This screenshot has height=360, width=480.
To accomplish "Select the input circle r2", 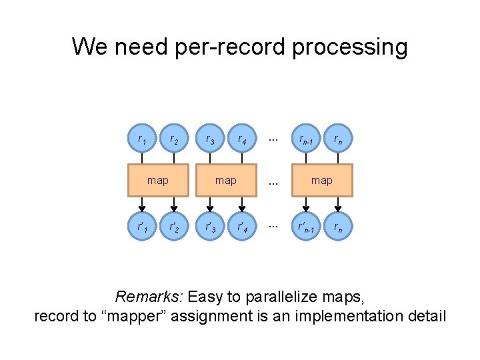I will pyautogui.click(x=174, y=139).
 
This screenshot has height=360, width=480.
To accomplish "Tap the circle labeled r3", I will pyautogui.click(x=211, y=139).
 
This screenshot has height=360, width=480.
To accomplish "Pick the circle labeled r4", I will pyautogui.click(x=242, y=139).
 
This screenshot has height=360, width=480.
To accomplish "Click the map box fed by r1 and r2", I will pyautogui.click(x=158, y=180).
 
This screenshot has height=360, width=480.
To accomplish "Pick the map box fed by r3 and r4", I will pyautogui.click(x=226, y=180).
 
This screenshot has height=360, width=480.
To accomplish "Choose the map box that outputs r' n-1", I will pyautogui.click(x=322, y=180).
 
